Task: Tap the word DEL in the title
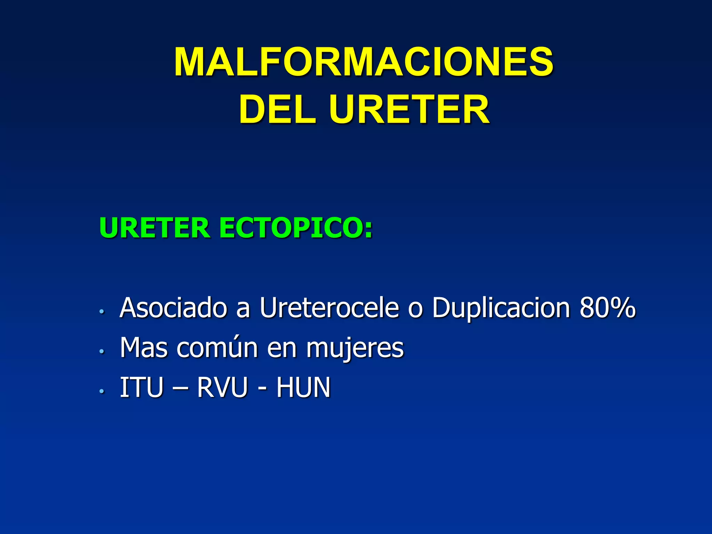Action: coord(277,110)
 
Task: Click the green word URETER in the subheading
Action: coord(155,228)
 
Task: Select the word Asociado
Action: coord(173,308)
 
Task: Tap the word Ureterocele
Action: coord(329,308)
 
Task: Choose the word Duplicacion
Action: coord(501,308)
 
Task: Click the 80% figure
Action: coord(607,308)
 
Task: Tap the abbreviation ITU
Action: coord(141,387)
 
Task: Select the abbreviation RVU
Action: coord(222,387)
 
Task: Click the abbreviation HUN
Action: coord(303,387)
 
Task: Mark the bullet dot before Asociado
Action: coord(102,311)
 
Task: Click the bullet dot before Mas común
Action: coord(102,351)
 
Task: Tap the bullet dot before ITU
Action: coord(102,391)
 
